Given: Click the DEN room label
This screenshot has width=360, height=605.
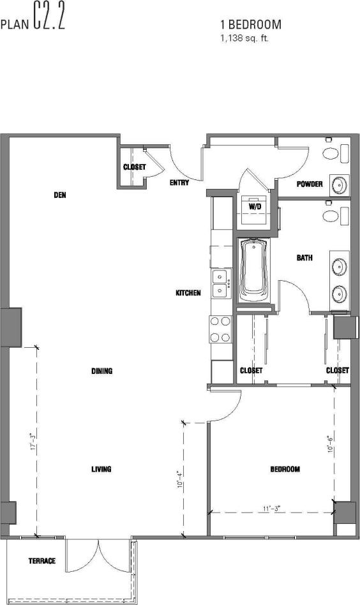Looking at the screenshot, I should tap(60, 195).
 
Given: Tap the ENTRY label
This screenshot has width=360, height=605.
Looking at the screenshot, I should tap(179, 183).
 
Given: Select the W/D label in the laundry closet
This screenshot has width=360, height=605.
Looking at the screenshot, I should tap(255, 207).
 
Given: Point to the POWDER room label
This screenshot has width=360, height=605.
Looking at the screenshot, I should tap(310, 184).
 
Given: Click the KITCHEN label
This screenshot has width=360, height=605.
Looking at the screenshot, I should tap(188, 293).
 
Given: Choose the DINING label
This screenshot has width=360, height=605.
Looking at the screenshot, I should tap(101, 371).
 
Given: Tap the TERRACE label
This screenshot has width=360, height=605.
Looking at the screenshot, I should tap(41, 561).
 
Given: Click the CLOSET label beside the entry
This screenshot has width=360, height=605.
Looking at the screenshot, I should tap(134, 167).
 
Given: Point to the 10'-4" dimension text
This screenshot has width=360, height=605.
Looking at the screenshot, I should tap(179, 479).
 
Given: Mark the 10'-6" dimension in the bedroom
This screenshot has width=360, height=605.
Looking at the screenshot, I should tap(329, 444).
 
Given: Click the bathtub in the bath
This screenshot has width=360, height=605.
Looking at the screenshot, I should tap(255, 271).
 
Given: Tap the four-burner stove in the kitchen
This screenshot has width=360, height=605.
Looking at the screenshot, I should tap(220, 329).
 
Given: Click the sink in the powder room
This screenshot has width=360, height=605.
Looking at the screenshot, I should tap(339, 184).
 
